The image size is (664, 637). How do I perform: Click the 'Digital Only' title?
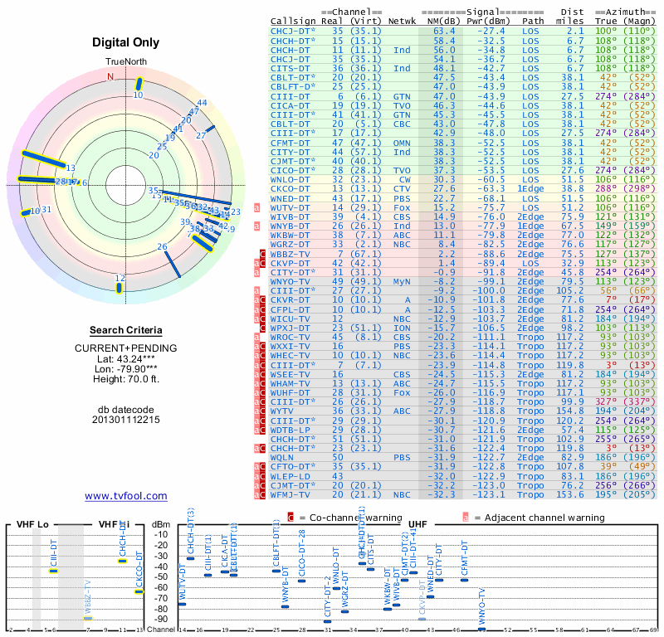[126, 42]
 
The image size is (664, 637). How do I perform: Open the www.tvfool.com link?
[126, 496]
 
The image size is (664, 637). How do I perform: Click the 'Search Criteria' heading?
[126, 330]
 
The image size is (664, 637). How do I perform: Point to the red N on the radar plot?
[110, 77]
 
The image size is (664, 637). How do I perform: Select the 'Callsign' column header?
[293, 21]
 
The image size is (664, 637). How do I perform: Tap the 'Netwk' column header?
[402, 21]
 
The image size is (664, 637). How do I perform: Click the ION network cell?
[402, 328]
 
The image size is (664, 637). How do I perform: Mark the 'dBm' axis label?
[159, 524]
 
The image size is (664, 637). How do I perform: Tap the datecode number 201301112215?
[126, 420]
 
